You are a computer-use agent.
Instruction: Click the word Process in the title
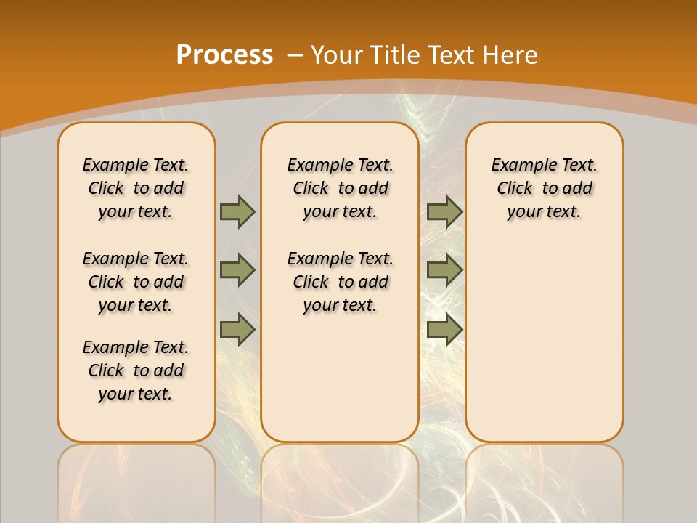coord(224,54)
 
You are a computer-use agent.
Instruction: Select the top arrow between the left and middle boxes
coord(237,211)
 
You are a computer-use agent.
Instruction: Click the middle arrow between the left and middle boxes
coord(237,270)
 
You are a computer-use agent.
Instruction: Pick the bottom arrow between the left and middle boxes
coord(237,329)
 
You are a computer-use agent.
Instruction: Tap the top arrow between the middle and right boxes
coord(444,211)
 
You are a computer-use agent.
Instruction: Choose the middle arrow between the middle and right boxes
coord(444,270)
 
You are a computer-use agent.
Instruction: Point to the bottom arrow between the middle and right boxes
coord(444,329)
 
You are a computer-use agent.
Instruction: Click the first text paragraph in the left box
coord(136,188)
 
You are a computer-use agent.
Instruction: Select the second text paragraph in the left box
coord(136,282)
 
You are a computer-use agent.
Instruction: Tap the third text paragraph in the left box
coord(136,370)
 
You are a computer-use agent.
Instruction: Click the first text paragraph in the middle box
coord(340,188)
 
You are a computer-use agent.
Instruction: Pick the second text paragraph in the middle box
coord(340,282)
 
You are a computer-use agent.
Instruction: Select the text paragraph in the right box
coord(544,188)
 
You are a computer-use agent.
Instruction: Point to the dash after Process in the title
coord(295,54)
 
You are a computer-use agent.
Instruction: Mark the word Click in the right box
coord(515,188)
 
